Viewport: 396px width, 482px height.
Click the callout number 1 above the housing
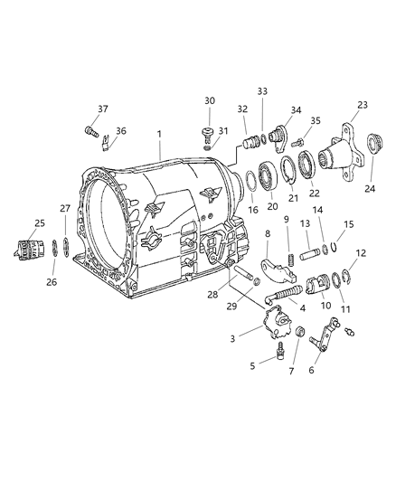click(159, 134)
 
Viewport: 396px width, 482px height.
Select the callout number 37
click(102, 109)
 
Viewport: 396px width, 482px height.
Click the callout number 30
click(209, 100)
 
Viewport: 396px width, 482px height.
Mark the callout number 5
click(253, 366)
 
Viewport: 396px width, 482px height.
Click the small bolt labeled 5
click(271, 356)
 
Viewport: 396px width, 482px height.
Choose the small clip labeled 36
click(107, 141)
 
